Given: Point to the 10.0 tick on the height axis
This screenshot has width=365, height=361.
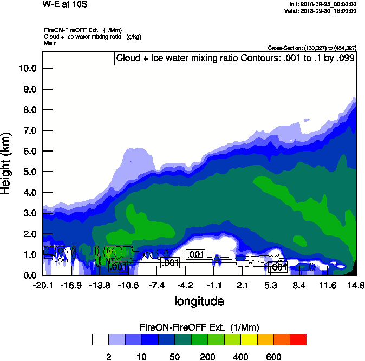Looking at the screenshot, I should coord(27,68).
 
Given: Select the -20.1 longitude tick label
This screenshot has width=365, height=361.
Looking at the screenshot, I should coord(42,285).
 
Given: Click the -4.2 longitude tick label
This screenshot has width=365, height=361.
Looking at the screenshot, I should coord(185,285).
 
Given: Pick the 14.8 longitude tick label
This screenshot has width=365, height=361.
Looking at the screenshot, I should coord(355,285).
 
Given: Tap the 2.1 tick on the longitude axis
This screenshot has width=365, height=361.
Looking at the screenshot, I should coord(242,285).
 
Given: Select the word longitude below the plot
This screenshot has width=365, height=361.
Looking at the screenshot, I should coord(199,300).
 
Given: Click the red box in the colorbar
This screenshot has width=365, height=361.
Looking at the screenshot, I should coord(298,339).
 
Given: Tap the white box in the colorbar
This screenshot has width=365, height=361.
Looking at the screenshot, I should coord(100,339).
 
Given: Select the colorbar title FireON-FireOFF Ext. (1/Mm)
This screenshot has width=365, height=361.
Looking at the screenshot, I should coord(199,327).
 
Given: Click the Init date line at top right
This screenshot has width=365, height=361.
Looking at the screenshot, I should coord(323,4).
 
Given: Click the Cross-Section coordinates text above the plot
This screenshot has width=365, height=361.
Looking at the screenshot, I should coord(312,48).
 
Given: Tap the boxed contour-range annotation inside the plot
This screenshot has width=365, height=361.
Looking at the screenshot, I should coord(234,58).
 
